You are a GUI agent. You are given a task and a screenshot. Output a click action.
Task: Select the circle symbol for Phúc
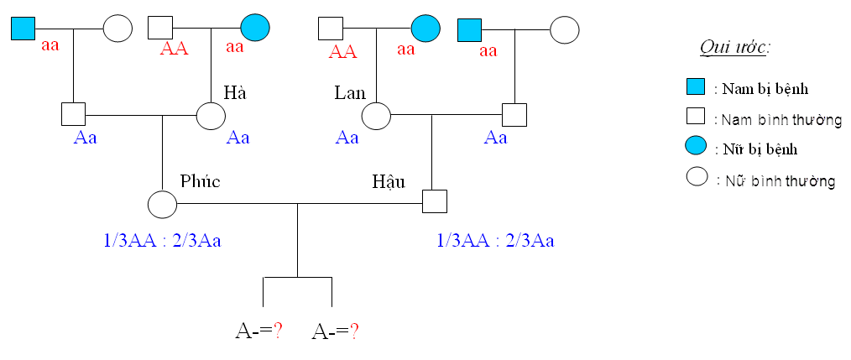coord(162,203)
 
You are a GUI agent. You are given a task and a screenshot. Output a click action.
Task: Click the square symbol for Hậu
coord(434,201)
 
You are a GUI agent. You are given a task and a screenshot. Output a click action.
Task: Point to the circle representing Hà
coord(211,115)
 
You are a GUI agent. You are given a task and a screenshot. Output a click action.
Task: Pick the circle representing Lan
coord(376,115)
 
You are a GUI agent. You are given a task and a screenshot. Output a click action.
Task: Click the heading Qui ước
coord(734,47)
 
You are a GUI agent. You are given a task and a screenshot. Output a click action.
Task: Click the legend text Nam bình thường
coord(777,120)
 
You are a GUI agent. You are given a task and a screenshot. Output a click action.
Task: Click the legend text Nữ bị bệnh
coord(755,149)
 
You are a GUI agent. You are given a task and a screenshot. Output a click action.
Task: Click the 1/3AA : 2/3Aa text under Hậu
coord(495,242)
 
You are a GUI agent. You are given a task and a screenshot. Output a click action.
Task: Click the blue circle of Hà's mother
coord(255,28)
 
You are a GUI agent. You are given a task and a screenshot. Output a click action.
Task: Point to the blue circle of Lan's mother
coord(425,28)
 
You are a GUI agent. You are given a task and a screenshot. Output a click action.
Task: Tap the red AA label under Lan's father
coord(342,51)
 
